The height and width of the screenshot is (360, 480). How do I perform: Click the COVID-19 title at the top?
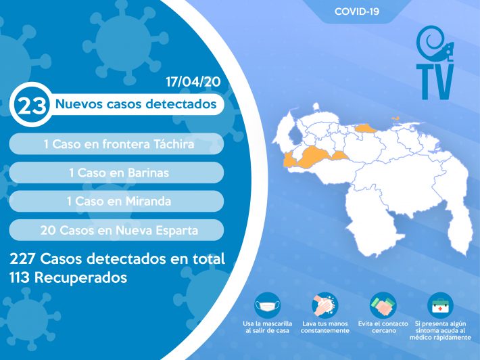point(357,12)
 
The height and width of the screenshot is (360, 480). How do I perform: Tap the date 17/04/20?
point(193,82)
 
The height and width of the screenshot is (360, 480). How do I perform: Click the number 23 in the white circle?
point(32,105)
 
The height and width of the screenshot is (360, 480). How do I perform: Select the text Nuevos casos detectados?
point(136,104)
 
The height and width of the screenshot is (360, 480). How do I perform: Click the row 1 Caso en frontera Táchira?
point(116,143)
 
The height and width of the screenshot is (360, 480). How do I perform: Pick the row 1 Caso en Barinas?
point(116,173)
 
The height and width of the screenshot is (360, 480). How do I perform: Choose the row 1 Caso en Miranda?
point(116,201)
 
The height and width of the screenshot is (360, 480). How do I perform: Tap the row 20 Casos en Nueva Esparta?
point(116,230)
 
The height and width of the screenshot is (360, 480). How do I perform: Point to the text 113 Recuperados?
point(68,277)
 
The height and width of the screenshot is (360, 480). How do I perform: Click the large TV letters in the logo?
point(435,82)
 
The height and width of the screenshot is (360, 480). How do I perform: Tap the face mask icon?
point(267,305)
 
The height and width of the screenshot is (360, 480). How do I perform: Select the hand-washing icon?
point(325,305)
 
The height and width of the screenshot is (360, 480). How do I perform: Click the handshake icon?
point(383,305)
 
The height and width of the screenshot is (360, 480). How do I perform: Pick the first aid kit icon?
point(440,305)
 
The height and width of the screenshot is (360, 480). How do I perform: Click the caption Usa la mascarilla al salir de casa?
point(267,328)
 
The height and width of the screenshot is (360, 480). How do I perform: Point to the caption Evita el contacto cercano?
point(383,328)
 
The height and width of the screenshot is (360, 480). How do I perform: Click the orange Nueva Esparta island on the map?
point(395,118)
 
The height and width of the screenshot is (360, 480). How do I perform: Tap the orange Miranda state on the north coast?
point(366,129)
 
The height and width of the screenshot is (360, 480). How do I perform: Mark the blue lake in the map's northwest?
point(295,135)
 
